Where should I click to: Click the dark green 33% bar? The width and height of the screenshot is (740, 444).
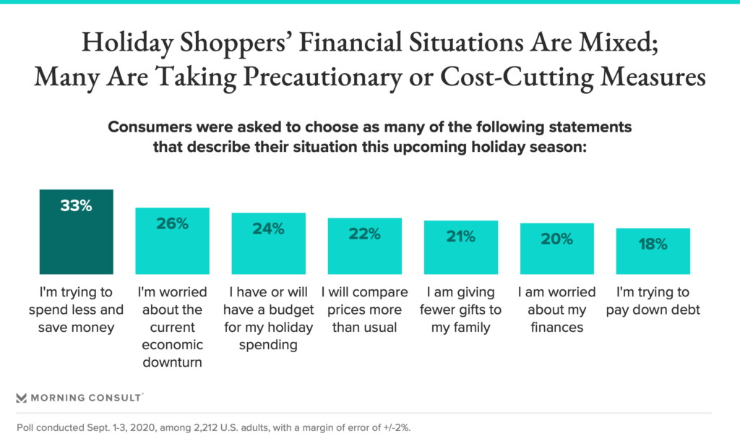pos(77,232)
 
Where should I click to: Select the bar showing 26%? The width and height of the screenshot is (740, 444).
pos(172,241)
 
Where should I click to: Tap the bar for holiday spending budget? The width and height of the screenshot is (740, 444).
pos(269,243)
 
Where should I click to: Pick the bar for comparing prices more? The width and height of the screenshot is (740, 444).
pos(365,246)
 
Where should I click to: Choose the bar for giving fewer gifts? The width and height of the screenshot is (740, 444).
pos(460,247)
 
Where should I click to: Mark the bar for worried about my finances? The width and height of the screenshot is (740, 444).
pos(557,249)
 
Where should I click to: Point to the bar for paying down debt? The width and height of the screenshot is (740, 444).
pos(653,251)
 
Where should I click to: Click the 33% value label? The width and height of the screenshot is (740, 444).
pos(77,205)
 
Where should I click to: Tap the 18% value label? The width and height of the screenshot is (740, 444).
pos(653,244)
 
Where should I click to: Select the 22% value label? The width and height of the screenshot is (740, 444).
pos(365,234)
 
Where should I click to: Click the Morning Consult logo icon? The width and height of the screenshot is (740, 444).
pos(21,398)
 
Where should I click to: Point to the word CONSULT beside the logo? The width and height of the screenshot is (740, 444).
pos(115,398)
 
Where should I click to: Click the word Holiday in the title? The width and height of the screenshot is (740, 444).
pos(128,43)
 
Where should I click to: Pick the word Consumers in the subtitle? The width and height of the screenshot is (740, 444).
pos(150,127)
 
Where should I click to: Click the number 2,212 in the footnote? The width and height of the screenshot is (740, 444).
pos(206,428)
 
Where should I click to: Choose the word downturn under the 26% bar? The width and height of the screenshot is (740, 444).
pos(172,362)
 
